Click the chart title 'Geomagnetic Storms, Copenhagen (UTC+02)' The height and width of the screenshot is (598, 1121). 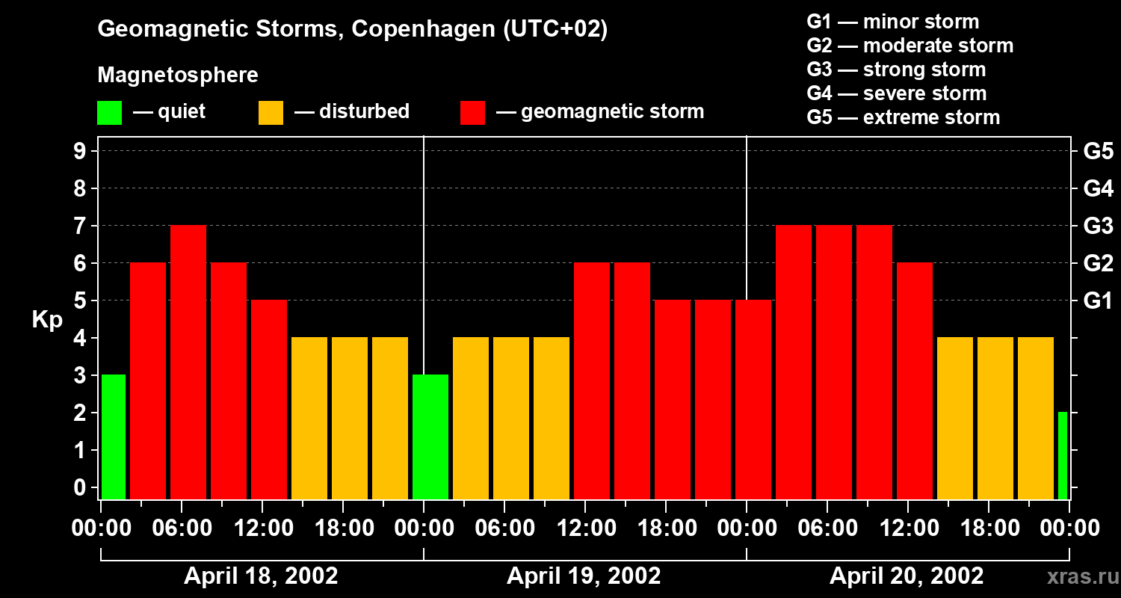pyautogui.click(x=352, y=29)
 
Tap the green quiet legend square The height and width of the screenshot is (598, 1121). pyautogui.click(x=109, y=112)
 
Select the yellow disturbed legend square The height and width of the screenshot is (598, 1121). pyautogui.click(x=271, y=112)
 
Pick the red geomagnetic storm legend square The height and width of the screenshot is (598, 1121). pyautogui.click(x=472, y=112)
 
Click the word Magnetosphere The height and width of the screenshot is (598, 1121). pyautogui.click(x=178, y=75)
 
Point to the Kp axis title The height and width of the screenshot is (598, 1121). pyautogui.click(x=47, y=319)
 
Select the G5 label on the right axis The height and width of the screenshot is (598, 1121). pyautogui.click(x=1098, y=151)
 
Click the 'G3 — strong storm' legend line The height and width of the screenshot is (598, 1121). pyautogui.click(x=896, y=70)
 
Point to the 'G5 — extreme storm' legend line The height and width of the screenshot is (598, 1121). pyautogui.click(x=903, y=117)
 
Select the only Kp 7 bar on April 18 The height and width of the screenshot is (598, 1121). pyautogui.click(x=188, y=362)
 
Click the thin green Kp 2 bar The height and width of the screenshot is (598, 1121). pyautogui.click(x=1063, y=455)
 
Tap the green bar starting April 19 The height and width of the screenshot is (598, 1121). pyautogui.click(x=430, y=437)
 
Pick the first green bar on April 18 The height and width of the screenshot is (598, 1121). pyautogui.click(x=114, y=437)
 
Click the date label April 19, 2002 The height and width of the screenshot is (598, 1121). pyautogui.click(x=584, y=576)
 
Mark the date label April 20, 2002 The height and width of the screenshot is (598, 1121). pyautogui.click(x=907, y=576)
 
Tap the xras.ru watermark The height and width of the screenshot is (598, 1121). pyautogui.click(x=1081, y=576)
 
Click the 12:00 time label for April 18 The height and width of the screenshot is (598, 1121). pyautogui.click(x=262, y=528)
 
